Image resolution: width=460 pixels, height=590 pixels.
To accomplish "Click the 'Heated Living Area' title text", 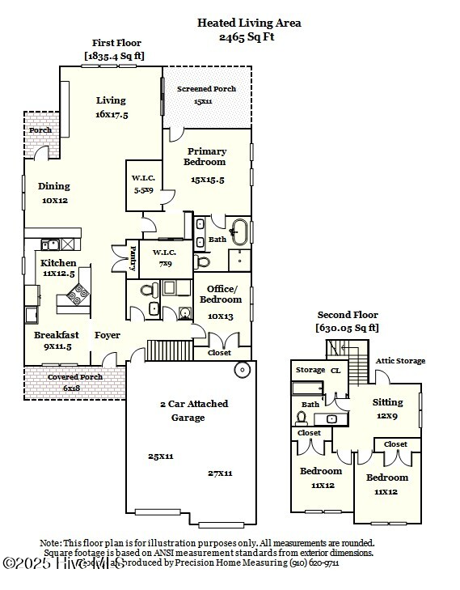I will (x=249, y=23).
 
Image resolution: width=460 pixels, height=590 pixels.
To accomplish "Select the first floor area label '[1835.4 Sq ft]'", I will (x=116, y=56).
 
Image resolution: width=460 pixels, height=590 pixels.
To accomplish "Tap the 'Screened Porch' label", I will (x=207, y=89).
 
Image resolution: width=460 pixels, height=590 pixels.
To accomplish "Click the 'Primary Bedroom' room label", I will (x=207, y=156).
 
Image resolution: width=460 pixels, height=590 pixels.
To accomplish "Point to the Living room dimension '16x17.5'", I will (x=112, y=115).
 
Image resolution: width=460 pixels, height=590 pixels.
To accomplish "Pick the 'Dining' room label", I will (x=54, y=186).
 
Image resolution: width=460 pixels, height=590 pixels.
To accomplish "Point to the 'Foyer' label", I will (x=108, y=335).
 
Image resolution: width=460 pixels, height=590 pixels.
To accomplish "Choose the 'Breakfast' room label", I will (x=57, y=335).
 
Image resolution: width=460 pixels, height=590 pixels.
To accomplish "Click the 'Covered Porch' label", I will (x=74, y=377).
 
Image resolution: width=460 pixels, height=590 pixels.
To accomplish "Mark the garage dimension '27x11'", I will (x=220, y=473).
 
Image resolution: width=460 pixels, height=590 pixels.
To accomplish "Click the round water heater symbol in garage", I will (x=242, y=371).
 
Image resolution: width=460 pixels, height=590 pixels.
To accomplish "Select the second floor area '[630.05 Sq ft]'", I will (x=347, y=328).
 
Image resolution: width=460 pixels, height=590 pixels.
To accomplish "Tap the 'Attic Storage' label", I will (x=400, y=361).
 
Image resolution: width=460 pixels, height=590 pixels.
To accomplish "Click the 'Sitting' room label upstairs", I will (x=387, y=402).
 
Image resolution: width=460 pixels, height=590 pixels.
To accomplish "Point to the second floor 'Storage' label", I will (x=310, y=370).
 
